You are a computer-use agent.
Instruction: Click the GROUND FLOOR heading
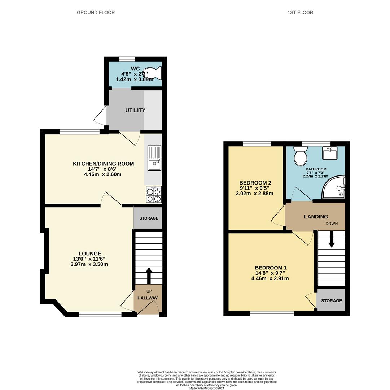point(96,12)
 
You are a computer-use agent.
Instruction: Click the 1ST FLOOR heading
point(300,12)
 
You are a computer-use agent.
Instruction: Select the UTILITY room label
point(135,110)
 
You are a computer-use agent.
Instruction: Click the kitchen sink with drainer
point(154,158)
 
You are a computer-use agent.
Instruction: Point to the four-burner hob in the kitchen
point(154,195)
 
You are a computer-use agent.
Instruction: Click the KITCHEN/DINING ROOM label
point(103,164)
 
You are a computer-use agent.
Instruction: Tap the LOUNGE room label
point(90,253)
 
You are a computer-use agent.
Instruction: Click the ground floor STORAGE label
point(149,218)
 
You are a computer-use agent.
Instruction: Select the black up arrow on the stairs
point(149,276)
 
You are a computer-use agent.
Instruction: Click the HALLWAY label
point(148,298)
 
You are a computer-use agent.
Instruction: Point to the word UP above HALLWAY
point(149,291)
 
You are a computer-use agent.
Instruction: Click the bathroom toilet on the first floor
point(301,156)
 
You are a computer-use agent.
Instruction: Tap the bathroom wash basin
point(329,153)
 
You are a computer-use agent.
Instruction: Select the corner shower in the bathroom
point(334,187)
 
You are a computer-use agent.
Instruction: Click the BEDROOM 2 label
point(255,183)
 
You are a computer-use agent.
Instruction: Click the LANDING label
point(316,217)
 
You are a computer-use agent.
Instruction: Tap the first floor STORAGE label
point(331,301)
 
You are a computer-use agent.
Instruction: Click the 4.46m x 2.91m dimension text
point(270,278)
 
